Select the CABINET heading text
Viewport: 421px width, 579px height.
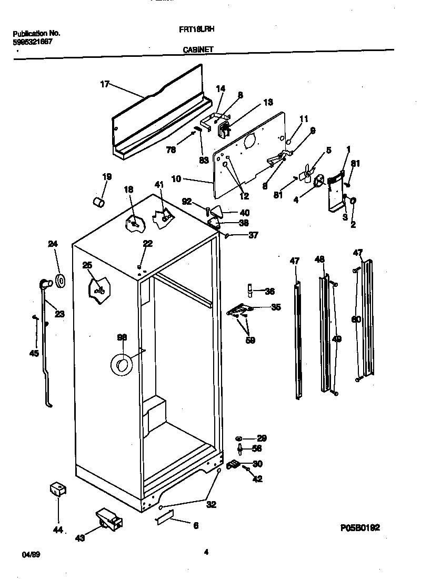click(198, 49)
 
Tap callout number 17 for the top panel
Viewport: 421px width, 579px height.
click(104, 84)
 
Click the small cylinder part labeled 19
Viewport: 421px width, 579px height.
click(97, 202)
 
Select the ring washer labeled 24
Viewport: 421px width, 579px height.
click(61, 281)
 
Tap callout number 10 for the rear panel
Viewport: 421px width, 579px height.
click(176, 179)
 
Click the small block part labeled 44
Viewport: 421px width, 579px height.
click(57, 490)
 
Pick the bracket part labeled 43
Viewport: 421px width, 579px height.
click(108, 520)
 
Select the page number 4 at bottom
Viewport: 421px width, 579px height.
click(206, 552)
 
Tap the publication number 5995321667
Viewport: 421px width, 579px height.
click(32, 41)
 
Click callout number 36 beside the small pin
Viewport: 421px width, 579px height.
click(269, 291)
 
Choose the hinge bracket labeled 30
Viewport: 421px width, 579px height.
click(234, 464)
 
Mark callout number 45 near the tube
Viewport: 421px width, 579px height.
click(34, 353)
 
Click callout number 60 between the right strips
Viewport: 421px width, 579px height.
click(356, 319)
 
